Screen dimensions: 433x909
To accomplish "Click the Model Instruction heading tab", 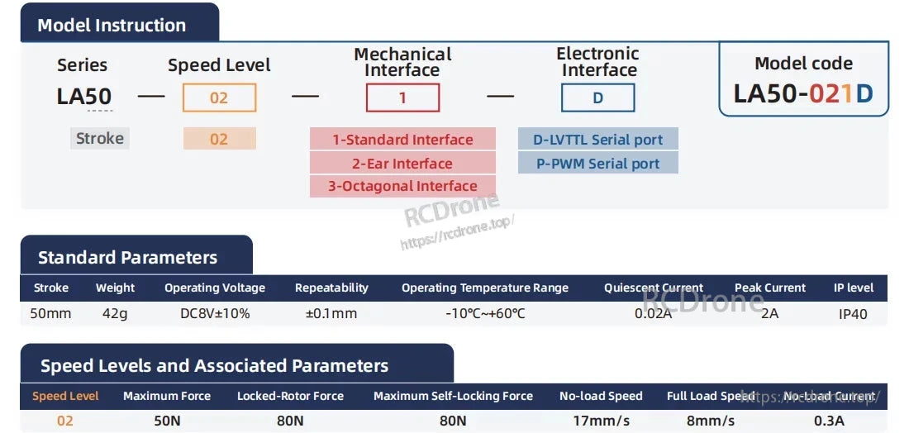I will pos(112,25).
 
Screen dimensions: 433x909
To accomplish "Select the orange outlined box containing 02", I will pos(219,98).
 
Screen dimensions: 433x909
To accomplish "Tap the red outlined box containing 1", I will pos(402,98).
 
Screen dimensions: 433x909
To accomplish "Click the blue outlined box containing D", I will pos(597,98).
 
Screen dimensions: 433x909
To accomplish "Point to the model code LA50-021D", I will pos(803,93).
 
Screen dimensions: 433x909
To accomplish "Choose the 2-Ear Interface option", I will pos(402,164).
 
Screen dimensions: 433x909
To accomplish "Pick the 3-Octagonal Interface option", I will pos(402,186).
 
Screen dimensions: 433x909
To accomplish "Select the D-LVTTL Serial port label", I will pos(597,140).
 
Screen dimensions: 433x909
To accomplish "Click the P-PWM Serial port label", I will pos(597,164).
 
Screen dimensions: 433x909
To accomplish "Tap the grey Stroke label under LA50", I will pos(100,139).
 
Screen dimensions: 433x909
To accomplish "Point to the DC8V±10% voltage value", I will pos(215,314).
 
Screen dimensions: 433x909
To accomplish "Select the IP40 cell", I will pos(853,314).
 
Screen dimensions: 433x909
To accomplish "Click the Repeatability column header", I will pos(331,288).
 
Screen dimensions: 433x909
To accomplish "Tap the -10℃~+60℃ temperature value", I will pos(484,314).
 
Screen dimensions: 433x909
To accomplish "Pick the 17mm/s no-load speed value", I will pos(601,421).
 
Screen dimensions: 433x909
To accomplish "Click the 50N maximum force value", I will pos(167,421).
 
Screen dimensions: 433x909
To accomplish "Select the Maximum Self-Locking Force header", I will pos(453,397).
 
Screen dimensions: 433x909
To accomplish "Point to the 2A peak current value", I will pos(770,314).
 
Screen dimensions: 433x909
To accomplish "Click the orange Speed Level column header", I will pos(65,397).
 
